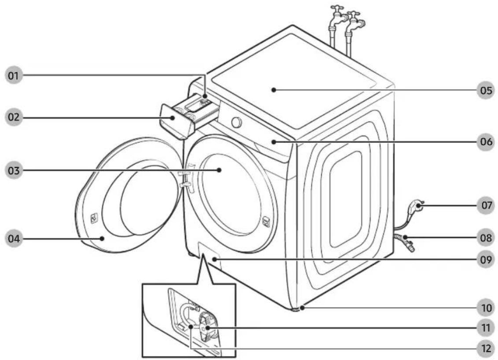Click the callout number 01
pos(14,76)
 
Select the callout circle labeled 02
pos(14,117)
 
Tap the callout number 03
pos(14,171)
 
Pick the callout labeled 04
pos(14,239)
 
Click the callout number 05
pos(486,90)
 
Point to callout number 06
pos(486,142)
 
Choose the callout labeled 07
pos(486,205)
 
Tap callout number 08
pos(486,238)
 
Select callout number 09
pos(486,260)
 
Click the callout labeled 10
pos(486,308)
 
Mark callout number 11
pos(486,327)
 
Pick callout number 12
pos(486,349)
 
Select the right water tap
pos(355,24)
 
